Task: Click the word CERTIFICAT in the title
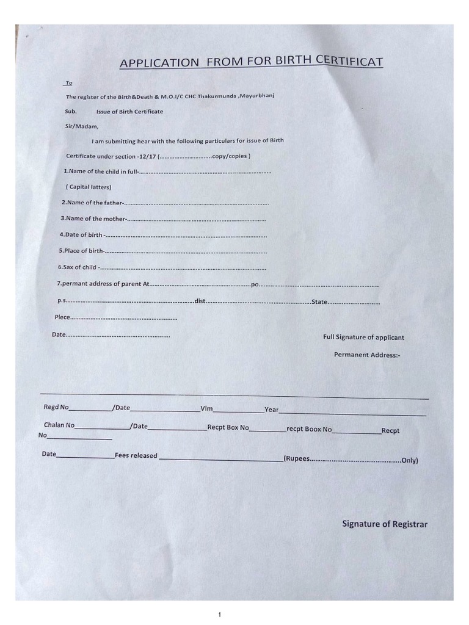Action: [x=347, y=61]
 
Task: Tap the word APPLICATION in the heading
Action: [x=159, y=63]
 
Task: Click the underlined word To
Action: [x=68, y=83]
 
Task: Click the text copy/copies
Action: [x=231, y=156]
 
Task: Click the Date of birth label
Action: [x=81, y=235]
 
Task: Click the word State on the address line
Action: [x=320, y=302]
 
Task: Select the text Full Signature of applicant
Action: [x=363, y=338]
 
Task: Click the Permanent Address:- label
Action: [x=366, y=355]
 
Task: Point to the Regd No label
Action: [x=56, y=407]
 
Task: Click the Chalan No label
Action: [x=59, y=425]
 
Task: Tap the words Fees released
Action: [x=136, y=455]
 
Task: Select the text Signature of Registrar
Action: [x=385, y=524]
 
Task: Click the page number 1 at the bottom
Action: [x=219, y=615]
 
